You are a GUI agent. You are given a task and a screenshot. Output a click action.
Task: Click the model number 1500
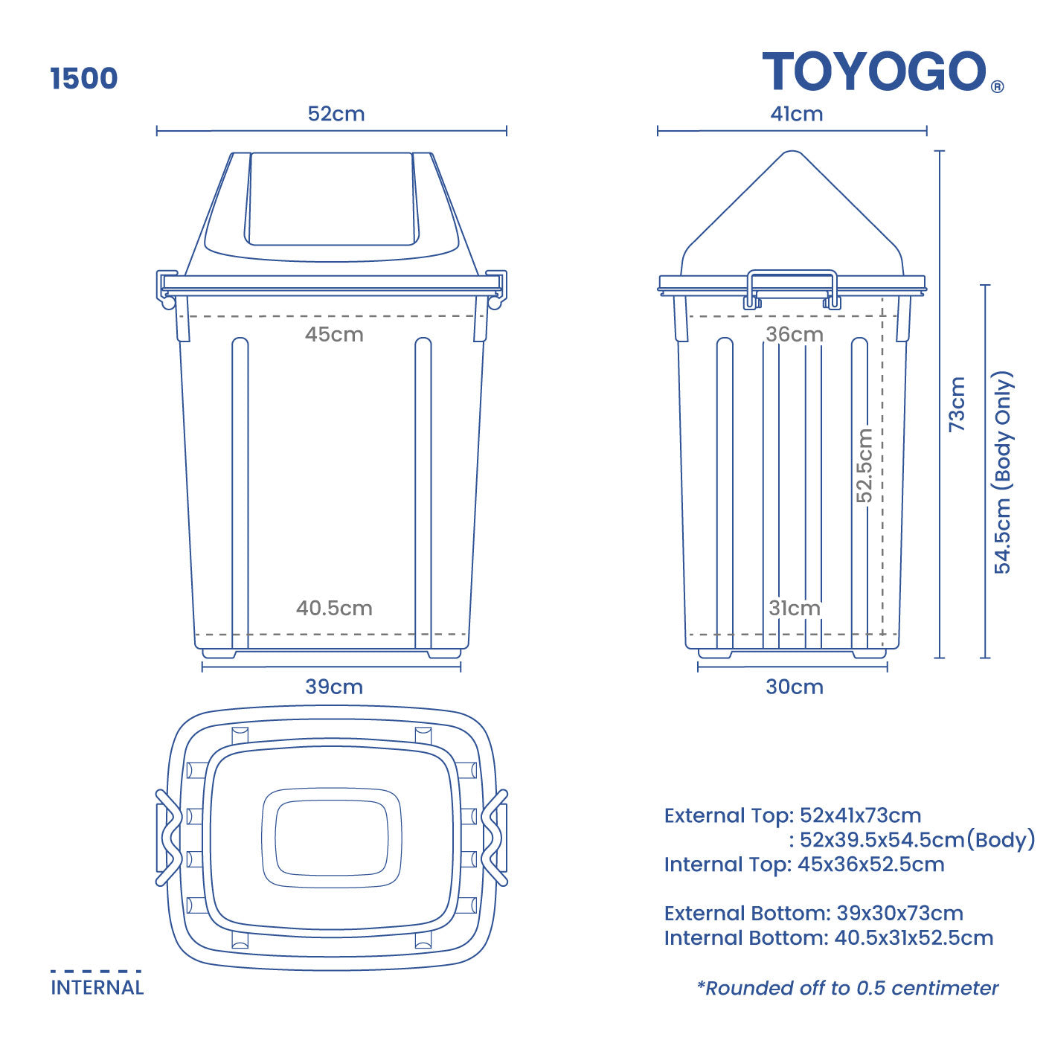[x=84, y=79]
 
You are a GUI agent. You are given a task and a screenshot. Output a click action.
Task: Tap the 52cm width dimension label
[x=336, y=114]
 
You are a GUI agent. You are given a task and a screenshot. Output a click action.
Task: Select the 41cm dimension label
[x=796, y=114]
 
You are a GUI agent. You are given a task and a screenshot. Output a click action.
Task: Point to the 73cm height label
[x=957, y=404]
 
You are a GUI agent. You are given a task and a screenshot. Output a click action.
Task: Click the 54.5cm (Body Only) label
[x=1003, y=472]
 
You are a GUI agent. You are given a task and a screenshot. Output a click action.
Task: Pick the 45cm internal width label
[x=334, y=334]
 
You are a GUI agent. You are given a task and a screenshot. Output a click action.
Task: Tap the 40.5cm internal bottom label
[x=334, y=608]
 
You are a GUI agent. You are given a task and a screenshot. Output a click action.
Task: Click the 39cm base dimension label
[x=334, y=687]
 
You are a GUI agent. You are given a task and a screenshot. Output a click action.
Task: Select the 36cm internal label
[x=795, y=334]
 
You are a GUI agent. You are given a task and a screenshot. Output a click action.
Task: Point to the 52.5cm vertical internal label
[x=864, y=466]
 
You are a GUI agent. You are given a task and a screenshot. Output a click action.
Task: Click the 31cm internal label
[x=795, y=608]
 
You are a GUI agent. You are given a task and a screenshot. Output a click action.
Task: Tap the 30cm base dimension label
[x=795, y=687]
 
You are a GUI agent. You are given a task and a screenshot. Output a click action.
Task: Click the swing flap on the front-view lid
[x=331, y=198]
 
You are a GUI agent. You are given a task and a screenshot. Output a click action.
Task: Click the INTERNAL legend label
[x=97, y=987]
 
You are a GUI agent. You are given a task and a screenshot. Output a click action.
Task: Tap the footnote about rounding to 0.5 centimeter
[x=847, y=988]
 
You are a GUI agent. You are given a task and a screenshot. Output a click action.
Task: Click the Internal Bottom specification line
[x=828, y=937]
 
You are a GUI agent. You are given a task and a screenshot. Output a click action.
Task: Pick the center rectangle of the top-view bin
[x=332, y=838]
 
